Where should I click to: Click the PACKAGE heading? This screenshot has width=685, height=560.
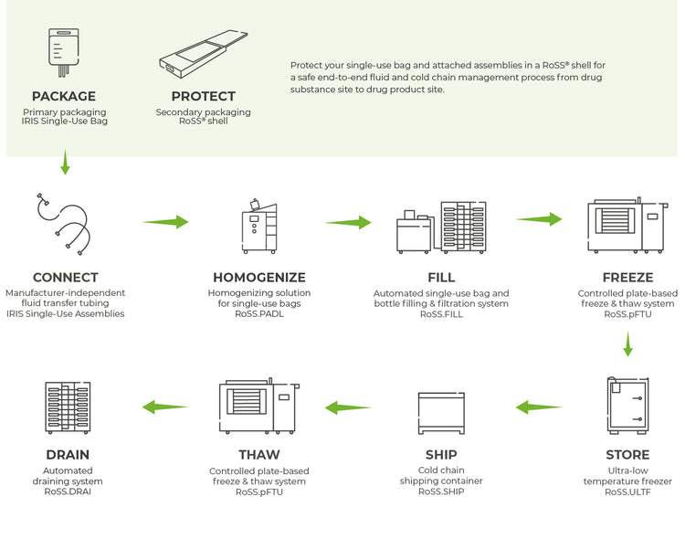(x=65, y=96)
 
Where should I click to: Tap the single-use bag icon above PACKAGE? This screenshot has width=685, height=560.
(x=63, y=50)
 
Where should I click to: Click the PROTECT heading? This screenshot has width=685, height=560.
(x=203, y=96)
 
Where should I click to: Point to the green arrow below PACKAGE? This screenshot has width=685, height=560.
(x=65, y=163)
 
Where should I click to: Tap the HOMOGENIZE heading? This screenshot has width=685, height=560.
(x=259, y=277)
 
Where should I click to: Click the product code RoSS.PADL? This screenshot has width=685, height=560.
(x=259, y=313)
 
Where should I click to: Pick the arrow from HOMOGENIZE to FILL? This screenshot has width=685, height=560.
(x=348, y=222)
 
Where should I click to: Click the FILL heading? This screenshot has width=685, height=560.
(x=441, y=277)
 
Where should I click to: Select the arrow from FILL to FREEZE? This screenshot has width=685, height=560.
(x=539, y=218)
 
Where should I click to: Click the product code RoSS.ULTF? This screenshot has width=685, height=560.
(x=627, y=491)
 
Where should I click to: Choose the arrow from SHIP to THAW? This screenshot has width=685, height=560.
(x=348, y=407)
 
